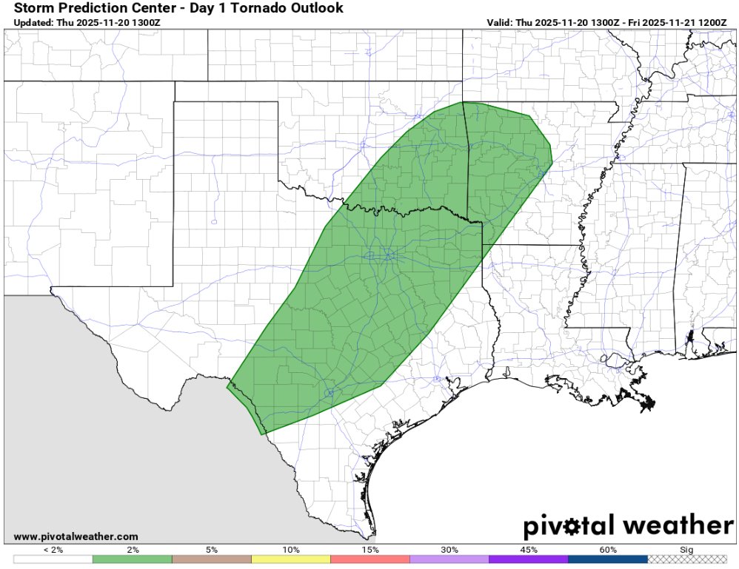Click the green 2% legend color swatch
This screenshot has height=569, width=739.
pos(132,559)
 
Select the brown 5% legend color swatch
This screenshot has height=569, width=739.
pos(211,559)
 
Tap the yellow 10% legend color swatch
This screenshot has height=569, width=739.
pos(290,559)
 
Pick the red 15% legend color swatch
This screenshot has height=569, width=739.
pos(369,559)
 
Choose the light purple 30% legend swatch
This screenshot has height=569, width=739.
pos(449,559)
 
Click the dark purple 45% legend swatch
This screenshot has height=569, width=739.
pos(528,559)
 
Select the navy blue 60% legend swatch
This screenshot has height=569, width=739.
pos(607,559)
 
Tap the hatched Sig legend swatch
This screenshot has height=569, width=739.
pos(686,559)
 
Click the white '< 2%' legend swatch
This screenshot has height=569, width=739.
pos(53,559)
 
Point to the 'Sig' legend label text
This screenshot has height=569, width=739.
pos(686,550)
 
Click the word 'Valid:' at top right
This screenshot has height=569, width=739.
pos(501,23)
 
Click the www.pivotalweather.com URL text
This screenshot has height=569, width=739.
pos(76,536)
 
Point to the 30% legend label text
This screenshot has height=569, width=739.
pos(449,550)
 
